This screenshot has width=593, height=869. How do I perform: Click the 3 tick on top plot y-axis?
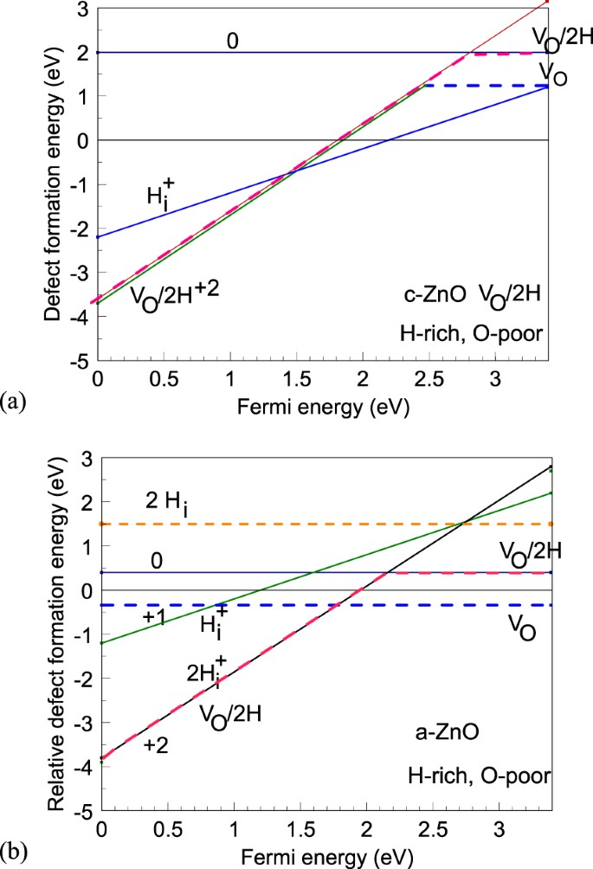click(x=83, y=9)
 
